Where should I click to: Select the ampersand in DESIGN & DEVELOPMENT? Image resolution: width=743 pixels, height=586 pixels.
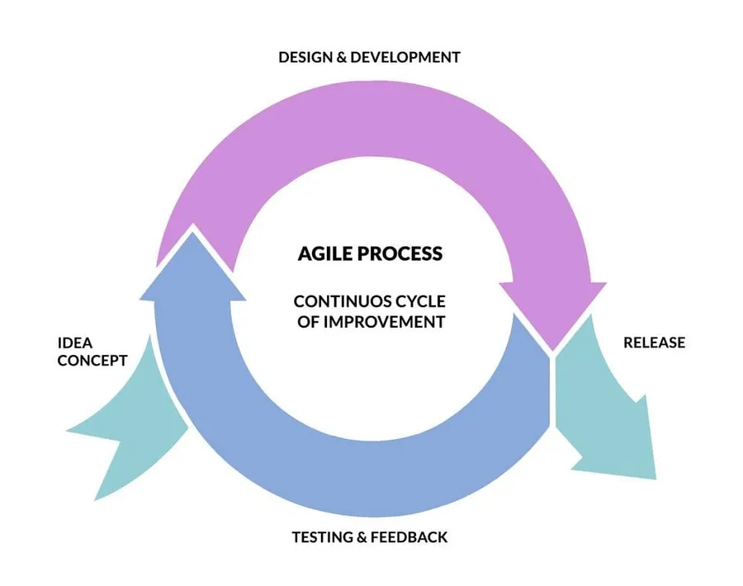pos(341,58)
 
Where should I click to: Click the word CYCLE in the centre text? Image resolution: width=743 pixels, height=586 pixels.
pos(420,302)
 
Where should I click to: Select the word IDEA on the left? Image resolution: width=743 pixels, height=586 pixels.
pos(76,342)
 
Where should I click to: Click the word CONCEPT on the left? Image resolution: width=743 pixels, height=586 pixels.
pos(92,361)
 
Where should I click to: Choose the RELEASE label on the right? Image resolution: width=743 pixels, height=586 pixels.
pos(654,343)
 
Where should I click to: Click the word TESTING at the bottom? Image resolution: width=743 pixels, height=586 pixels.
pos(322,537)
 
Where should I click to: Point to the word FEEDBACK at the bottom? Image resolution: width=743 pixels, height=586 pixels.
pos(409,537)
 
